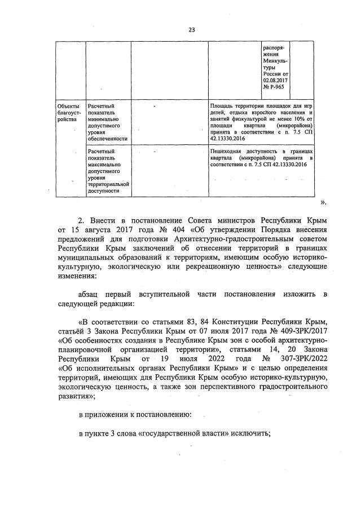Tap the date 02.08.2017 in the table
click(x=276, y=81)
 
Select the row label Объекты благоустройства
click(x=68, y=112)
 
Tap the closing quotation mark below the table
click(x=323, y=201)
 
